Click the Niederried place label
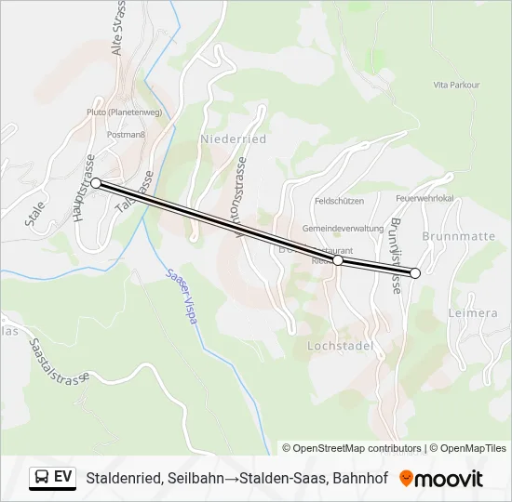[233, 139]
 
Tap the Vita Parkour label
[456, 85]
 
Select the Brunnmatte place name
[458, 237]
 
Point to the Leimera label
[473, 313]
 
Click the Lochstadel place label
[340, 346]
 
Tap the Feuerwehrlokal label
[424, 198]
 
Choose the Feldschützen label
[337, 201]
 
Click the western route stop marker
[96, 183]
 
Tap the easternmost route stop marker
[415, 272]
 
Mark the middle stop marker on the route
[338, 261]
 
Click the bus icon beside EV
[42, 478]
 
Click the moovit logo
[441, 479]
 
